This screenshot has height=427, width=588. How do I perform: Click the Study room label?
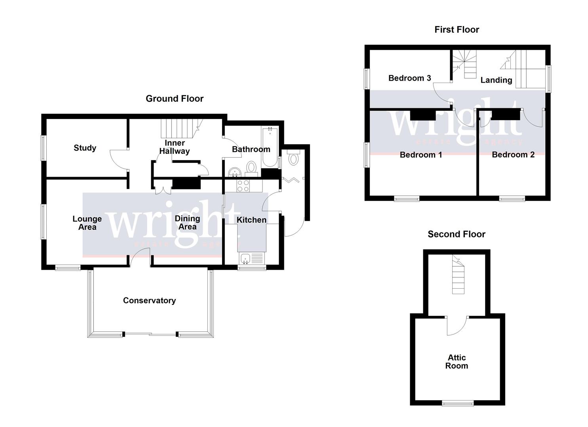[85, 148]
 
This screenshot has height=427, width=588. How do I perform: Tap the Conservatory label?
[149, 300]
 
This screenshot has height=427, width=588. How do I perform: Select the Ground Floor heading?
[174, 99]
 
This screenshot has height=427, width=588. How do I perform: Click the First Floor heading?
[457, 30]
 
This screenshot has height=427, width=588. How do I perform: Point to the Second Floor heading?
[456, 234]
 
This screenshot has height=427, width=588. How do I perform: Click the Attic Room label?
[457, 362]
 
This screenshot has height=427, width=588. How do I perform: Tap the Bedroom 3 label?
[409, 78]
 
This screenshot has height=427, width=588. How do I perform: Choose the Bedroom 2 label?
[513, 155]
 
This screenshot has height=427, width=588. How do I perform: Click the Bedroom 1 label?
[421, 155]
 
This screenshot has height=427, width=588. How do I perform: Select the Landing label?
[496, 80]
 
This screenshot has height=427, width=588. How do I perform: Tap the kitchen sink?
[245, 259]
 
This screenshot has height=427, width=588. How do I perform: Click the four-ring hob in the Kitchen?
[243, 186]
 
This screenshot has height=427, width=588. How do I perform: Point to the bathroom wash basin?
[235, 172]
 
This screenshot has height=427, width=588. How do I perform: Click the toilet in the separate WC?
[293, 159]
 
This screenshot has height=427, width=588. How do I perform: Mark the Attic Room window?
[458, 403]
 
